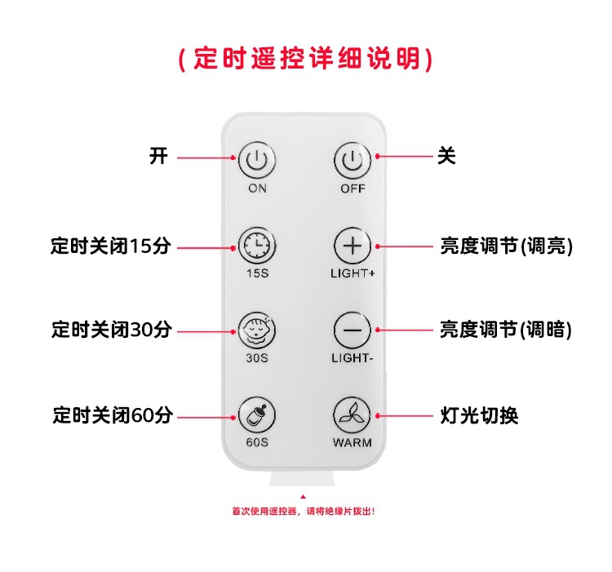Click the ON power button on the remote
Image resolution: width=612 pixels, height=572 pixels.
coord(257,160)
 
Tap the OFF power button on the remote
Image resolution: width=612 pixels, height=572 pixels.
coord(353,160)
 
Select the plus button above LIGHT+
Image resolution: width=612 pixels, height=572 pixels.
coord(353,245)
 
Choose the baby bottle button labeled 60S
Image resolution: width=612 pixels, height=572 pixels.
coord(257,415)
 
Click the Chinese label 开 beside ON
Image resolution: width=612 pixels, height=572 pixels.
coord(158,156)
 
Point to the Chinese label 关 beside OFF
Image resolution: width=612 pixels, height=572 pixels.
coord(446,156)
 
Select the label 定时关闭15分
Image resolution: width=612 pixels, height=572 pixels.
coord(111,246)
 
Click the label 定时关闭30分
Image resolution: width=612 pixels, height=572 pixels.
coord(111,330)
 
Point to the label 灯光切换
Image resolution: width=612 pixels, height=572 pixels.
coord(479,415)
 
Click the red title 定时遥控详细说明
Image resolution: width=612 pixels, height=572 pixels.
coord(305,60)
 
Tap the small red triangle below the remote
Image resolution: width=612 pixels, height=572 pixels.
coord(304,496)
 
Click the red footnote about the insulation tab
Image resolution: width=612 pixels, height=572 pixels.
coord(304,512)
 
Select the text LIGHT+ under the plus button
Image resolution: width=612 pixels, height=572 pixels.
coord(353,273)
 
